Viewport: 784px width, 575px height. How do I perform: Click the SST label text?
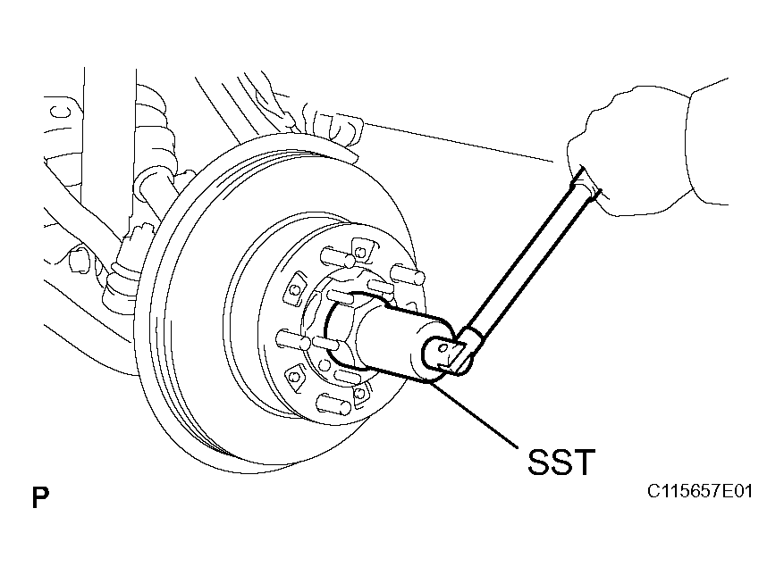click(561, 462)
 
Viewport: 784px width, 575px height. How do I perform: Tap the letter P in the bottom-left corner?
click(40, 497)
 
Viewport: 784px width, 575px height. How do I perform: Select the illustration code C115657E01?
click(699, 491)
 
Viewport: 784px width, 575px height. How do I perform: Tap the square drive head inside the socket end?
click(446, 354)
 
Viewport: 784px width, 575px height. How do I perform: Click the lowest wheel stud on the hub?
click(333, 403)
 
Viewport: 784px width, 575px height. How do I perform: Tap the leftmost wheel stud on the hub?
click(292, 339)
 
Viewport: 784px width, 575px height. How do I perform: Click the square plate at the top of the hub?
click(364, 249)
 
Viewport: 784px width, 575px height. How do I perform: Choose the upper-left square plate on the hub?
click(296, 288)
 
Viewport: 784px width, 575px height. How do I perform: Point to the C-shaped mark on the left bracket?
click(63, 112)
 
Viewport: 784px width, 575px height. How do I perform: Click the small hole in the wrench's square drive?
click(441, 348)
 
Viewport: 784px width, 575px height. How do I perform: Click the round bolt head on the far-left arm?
click(78, 259)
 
